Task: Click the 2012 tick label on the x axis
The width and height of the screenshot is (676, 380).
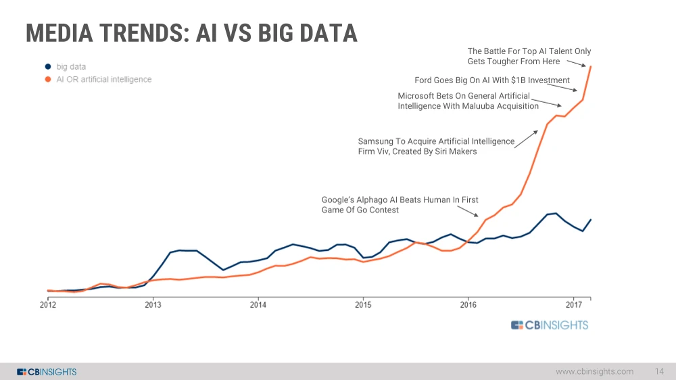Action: tap(47, 304)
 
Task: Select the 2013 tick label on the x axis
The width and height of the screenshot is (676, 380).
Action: tap(153, 304)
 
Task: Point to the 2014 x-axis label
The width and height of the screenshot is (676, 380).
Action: tap(258, 304)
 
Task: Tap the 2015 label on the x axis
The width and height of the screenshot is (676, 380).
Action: tap(363, 304)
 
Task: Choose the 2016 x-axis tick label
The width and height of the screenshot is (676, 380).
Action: tap(468, 304)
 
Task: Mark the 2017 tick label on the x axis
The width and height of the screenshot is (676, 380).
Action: tap(574, 304)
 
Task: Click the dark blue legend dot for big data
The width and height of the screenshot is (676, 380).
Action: tap(48, 67)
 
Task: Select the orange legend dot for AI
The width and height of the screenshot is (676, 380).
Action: tap(48, 80)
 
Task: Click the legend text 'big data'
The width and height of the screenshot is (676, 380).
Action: tap(71, 67)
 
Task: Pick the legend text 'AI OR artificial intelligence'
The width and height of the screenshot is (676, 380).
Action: tap(103, 80)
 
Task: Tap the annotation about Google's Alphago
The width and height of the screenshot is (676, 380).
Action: tap(400, 205)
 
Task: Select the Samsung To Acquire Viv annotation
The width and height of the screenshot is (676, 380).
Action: tap(436, 147)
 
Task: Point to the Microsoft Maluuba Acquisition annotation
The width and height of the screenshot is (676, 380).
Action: tap(468, 101)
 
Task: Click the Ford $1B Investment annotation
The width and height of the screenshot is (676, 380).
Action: tap(492, 80)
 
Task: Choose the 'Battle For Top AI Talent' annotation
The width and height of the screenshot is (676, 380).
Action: tap(529, 56)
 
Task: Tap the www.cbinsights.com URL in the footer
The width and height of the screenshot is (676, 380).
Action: tap(594, 371)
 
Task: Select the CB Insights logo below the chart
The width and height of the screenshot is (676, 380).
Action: tap(550, 325)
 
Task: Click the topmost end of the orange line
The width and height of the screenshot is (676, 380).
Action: tap(591, 66)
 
